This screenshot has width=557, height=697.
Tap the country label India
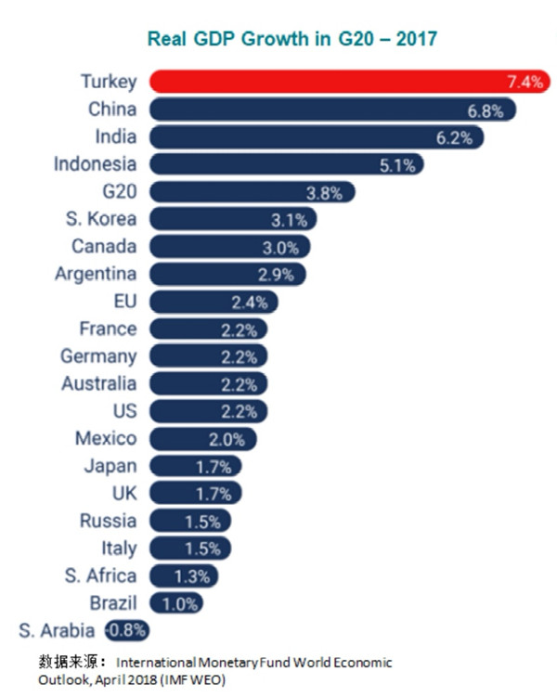click(115, 136)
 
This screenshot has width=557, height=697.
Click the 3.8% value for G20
click(324, 193)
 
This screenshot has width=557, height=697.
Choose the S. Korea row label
click(103, 219)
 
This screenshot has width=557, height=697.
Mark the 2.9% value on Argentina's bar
click(275, 275)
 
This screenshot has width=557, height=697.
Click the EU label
click(123, 301)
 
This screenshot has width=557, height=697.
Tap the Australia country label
click(98, 383)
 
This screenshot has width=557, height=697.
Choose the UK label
click(123, 493)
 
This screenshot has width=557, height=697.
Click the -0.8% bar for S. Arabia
click(126, 631)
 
